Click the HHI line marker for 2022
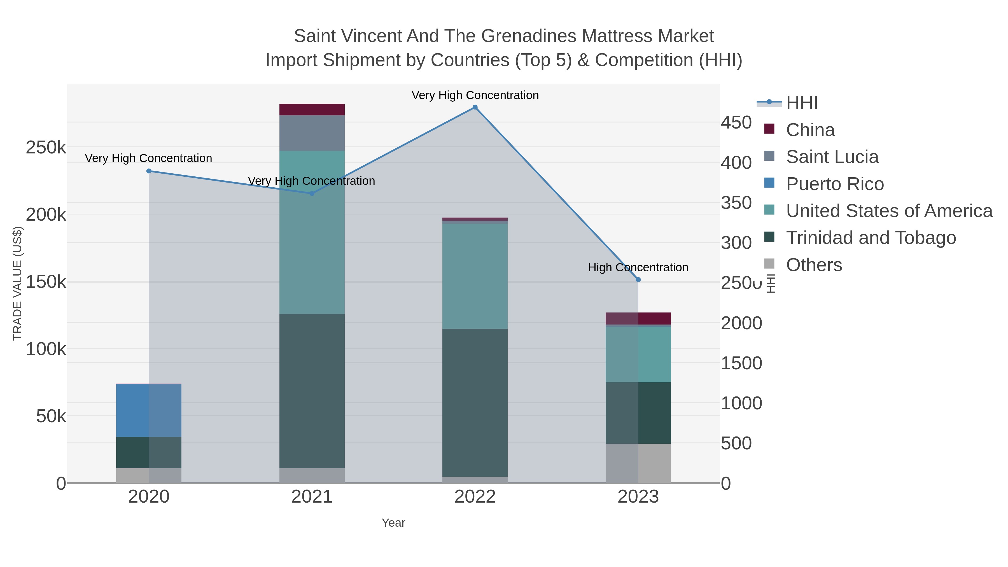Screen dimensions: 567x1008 (475, 107)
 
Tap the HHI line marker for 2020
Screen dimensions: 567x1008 (149, 171)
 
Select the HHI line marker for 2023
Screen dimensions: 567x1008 (638, 280)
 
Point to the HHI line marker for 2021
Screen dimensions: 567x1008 (312, 193)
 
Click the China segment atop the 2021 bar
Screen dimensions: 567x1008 (312, 109)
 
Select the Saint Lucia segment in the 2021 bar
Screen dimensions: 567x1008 (312, 133)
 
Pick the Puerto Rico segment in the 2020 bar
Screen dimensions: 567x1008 (149, 410)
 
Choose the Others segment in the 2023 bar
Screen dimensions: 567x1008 (638, 463)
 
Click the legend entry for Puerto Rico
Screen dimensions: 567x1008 (835, 184)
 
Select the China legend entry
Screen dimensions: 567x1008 (810, 130)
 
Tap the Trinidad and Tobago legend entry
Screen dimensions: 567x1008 (871, 238)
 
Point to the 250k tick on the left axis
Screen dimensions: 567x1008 (46, 148)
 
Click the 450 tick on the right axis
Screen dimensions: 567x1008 (736, 122)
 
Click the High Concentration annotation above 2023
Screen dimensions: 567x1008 (638, 268)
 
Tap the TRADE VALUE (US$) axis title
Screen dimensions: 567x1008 (18, 283)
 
